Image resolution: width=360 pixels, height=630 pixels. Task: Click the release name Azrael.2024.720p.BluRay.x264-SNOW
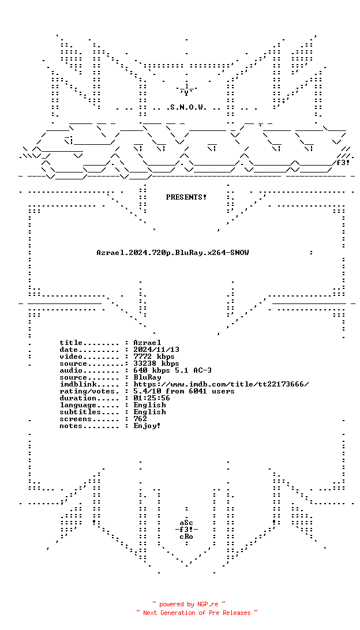pos(172,253)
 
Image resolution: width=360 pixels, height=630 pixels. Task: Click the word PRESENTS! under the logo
pos(186,197)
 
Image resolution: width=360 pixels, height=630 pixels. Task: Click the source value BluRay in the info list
pos(147,377)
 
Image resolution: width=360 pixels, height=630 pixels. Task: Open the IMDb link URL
pos(221,384)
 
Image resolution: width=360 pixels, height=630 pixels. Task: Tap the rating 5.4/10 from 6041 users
pos(184,391)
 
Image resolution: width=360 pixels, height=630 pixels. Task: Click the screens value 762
pos(140,419)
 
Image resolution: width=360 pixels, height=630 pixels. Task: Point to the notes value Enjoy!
pos(147,426)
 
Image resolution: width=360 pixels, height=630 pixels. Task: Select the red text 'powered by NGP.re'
pos(189,604)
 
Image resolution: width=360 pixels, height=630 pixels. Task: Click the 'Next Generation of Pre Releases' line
pos(197,613)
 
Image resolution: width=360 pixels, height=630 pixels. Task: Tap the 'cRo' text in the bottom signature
pos(186,537)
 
